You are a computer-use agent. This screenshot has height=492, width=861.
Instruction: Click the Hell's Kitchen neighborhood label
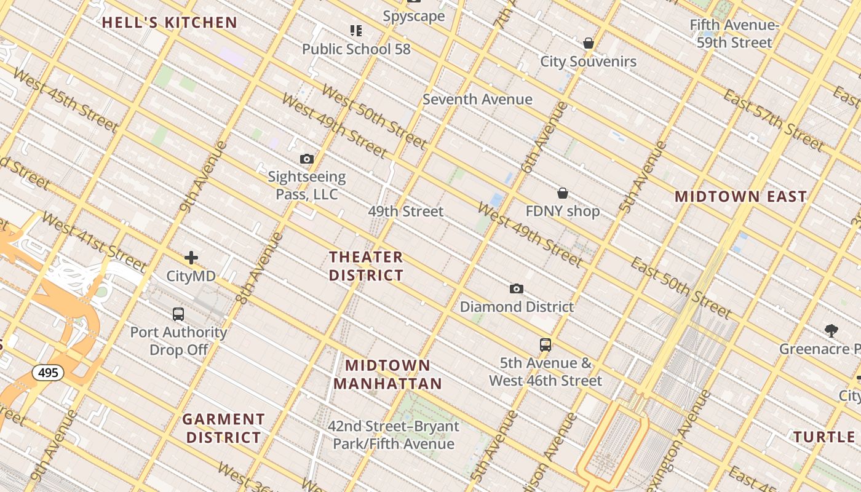[x=169, y=23]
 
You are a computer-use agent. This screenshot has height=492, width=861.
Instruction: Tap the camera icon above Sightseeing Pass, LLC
[x=307, y=159]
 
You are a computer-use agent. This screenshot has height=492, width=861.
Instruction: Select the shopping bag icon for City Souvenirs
[x=589, y=43]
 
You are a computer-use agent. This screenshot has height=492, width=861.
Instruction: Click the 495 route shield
[x=48, y=373]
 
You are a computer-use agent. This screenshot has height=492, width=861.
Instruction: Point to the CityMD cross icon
[x=191, y=258]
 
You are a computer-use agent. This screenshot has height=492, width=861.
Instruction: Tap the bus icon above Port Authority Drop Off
[x=178, y=314]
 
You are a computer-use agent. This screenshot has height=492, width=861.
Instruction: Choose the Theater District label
[x=366, y=266]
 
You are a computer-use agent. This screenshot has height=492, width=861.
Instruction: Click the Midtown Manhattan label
[x=387, y=375]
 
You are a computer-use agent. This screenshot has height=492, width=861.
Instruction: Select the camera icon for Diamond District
[x=517, y=289]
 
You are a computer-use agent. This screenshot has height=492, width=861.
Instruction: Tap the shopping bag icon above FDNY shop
[x=562, y=193]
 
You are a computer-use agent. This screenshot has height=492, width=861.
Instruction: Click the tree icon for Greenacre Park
[x=831, y=331]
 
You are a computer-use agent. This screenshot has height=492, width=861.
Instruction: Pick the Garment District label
[x=223, y=428]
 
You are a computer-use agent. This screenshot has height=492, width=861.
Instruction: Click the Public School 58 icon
[x=355, y=31]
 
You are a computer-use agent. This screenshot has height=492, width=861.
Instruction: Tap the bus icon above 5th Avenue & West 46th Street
[x=546, y=345]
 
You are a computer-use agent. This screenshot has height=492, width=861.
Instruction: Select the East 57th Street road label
[x=773, y=121]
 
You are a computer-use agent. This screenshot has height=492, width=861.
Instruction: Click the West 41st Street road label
[x=93, y=243]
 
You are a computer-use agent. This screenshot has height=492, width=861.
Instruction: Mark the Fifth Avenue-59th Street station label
[x=734, y=34]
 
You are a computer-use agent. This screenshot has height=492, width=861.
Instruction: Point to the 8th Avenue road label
[x=260, y=268]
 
